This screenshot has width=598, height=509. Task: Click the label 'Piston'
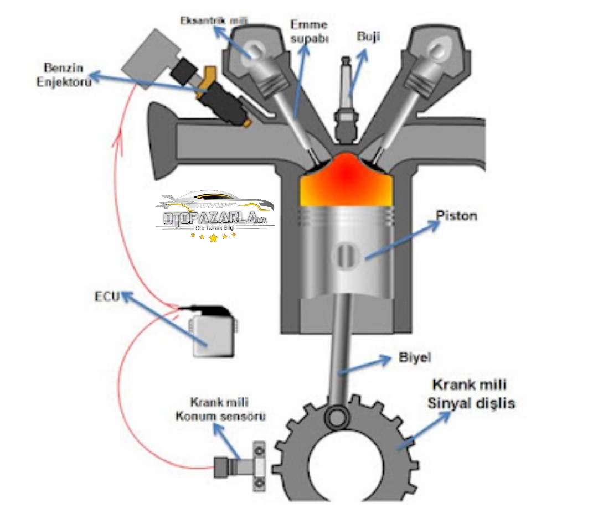[x=456, y=215]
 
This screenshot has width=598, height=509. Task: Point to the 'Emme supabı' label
[x=309, y=32]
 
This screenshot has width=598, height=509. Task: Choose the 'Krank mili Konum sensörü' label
[x=227, y=408]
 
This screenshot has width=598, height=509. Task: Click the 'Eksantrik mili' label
[x=214, y=20]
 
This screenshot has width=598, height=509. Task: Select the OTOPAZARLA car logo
[x=215, y=212]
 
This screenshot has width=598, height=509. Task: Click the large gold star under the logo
[x=214, y=238]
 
